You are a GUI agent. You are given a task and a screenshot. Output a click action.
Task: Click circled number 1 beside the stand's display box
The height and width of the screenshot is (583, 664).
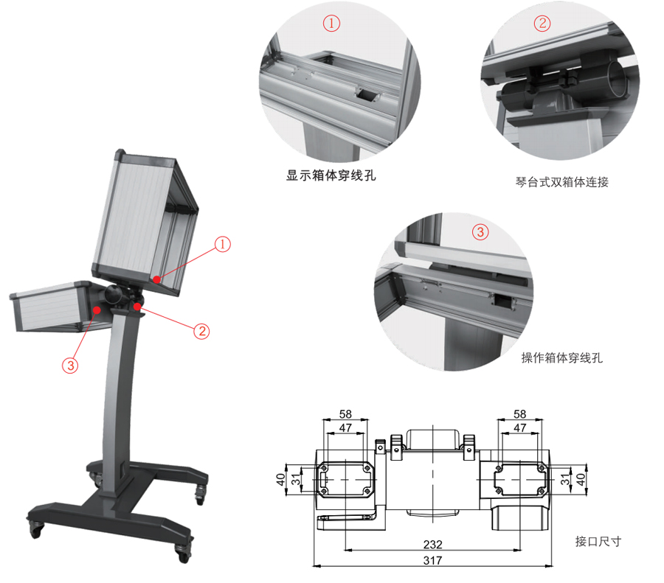(x=222, y=244)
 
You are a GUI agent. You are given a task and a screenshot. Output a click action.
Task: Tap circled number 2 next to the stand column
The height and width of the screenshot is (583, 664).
(x=202, y=331)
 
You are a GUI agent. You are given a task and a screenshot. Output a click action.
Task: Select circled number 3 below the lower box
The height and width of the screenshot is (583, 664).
(x=70, y=365)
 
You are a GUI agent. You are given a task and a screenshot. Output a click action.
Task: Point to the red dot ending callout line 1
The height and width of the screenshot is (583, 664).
(x=156, y=279)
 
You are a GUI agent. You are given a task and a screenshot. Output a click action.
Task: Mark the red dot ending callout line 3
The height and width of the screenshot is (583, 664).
(x=97, y=310)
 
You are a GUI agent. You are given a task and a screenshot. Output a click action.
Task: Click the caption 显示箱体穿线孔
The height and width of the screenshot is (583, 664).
(x=331, y=175)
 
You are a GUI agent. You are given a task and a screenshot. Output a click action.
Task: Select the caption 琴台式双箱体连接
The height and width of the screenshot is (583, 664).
(x=562, y=182)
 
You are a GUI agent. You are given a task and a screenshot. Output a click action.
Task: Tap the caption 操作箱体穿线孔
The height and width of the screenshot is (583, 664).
(x=562, y=358)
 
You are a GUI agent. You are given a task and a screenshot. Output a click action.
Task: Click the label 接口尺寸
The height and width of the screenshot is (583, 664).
(x=598, y=541)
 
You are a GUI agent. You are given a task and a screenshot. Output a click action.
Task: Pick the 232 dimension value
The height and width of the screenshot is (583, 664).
(x=432, y=545)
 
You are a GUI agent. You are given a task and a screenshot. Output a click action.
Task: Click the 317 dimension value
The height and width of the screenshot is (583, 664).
(x=432, y=561)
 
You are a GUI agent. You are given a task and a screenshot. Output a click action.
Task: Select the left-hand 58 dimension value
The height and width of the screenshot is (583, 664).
(x=345, y=413)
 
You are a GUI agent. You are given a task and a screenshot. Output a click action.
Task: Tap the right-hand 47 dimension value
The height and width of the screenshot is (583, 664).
(x=519, y=427)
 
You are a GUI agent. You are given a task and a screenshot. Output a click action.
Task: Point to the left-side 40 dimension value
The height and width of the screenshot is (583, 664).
(x=281, y=479)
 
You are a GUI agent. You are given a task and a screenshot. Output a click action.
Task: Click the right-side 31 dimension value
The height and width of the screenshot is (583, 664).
(x=565, y=479)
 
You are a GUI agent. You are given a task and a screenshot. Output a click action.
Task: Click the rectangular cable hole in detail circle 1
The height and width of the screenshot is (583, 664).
(x=366, y=94)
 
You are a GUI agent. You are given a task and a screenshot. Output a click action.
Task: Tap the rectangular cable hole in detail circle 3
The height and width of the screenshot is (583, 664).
(x=503, y=302)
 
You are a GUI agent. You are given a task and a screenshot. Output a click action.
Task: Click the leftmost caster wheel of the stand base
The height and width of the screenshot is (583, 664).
(x=36, y=529)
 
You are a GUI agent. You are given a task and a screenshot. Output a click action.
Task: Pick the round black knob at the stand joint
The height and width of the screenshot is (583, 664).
(x=114, y=294)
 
